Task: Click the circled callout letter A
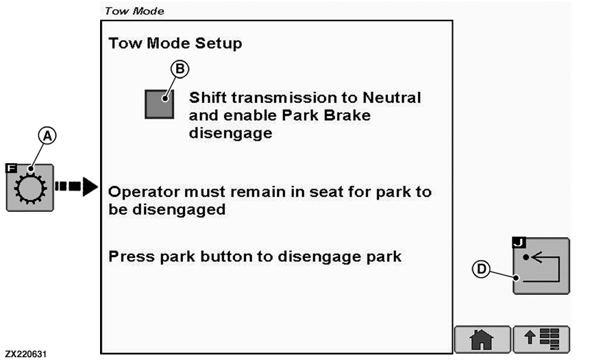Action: pos(47,136)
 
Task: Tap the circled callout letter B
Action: pos(180,69)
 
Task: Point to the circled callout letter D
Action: pos(482,269)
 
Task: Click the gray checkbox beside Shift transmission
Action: pos(160,104)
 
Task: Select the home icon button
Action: pos(482,339)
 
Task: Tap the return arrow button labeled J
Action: pos(541,266)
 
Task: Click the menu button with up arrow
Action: pos(541,339)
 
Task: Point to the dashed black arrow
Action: pos(77,187)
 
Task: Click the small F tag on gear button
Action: pos(12,168)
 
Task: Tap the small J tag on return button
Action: pos(519,242)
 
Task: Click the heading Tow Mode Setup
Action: pos(175,43)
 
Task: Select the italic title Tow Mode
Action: pos(134,11)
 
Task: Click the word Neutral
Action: pos(391,98)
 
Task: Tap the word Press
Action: pos(132,256)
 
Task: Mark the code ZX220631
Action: pos(25,354)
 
